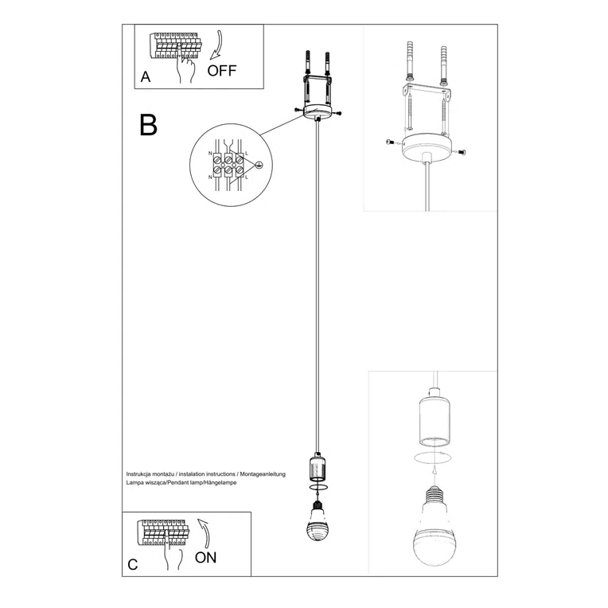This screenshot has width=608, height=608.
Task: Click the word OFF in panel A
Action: [222, 70]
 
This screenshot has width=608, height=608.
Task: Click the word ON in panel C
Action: [205, 557]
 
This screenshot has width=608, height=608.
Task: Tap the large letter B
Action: [148, 125]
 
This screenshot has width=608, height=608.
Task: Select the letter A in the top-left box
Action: [145, 77]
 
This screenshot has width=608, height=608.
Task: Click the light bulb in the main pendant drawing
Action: [318, 520]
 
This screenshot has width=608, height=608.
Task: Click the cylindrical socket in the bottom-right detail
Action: [435, 420]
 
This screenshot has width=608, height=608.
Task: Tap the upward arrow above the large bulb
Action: [435, 472]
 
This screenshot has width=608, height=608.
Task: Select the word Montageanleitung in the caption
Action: [260, 474]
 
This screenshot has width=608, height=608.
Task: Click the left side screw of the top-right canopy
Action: [389, 142]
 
